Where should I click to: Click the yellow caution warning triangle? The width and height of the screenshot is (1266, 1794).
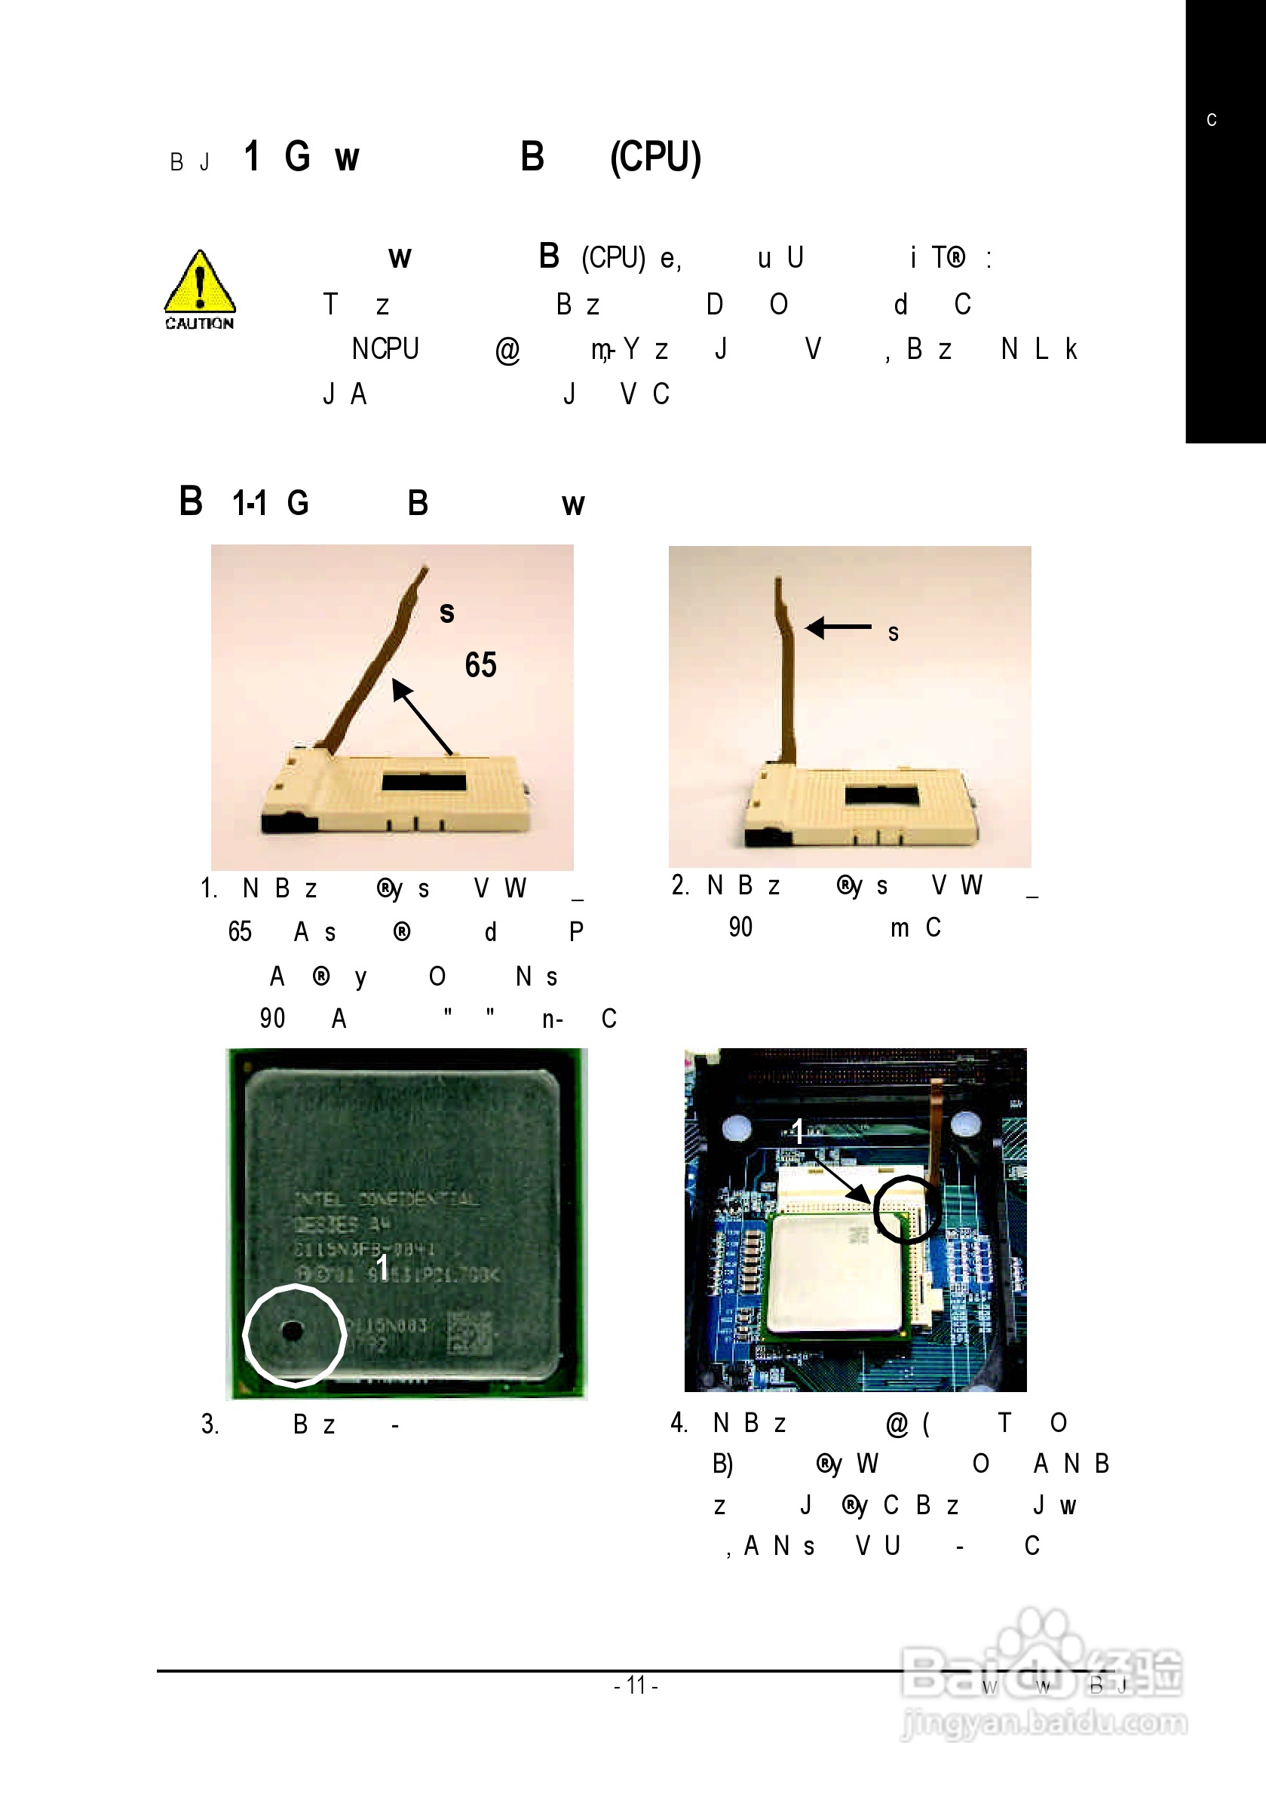(x=200, y=283)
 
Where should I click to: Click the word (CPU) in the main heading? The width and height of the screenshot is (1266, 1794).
(x=655, y=157)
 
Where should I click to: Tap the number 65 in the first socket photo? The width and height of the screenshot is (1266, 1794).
(x=480, y=665)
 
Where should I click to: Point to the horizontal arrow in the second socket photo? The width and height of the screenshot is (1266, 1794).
(x=838, y=627)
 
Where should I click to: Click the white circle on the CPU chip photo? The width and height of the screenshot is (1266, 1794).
(x=294, y=1336)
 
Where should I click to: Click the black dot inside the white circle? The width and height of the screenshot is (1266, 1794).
(x=293, y=1330)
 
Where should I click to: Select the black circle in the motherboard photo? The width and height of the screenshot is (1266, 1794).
(x=906, y=1209)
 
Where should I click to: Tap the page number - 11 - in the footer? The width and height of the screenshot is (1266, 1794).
(x=636, y=1685)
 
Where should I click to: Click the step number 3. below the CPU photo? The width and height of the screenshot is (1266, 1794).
(x=210, y=1424)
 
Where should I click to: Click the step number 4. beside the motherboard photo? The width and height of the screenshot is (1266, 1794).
(x=679, y=1422)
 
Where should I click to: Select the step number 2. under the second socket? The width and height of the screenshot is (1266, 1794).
(x=680, y=885)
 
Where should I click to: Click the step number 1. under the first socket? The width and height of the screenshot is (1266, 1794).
(x=209, y=888)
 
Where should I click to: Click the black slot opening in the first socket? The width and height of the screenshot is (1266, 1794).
(x=424, y=781)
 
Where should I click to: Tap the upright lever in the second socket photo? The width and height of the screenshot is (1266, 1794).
(x=786, y=672)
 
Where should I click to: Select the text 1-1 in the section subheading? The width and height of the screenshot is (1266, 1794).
(x=250, y=503)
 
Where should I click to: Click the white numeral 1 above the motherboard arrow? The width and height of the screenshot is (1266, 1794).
(x=798, y=1130)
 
